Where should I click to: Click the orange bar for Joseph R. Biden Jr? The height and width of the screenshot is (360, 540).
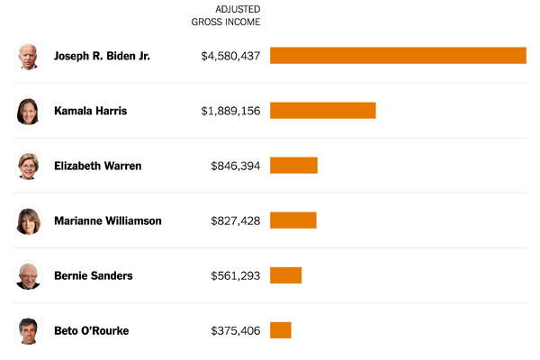pyautogui.click(x=398, y=56)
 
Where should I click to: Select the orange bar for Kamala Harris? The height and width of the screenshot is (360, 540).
pyautogui.click(x=322, y=111)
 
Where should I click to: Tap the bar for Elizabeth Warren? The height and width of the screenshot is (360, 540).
pyautogui.click(x=293, y=166)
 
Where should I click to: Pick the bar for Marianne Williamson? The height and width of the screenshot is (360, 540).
pyautogui.click(x=292, y=220)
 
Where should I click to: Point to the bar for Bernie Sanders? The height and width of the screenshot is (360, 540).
pyautogui.click(x=285, y=275)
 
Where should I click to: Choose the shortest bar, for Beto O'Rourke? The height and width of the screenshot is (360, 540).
pyautogui.click(x=280, y=330)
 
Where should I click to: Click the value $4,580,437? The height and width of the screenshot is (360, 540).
pyautogui.click(x=230, y=56)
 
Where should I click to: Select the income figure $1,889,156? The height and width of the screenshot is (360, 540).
pyautogui.click(x=230, y=111)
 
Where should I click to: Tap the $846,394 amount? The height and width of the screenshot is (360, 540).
pyautogui.click(x=235, y=166)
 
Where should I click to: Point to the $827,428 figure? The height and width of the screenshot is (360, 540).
pyautogui.click(x=235, y=220)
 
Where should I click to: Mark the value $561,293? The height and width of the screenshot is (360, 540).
pyautogui.click(x=235, y=275)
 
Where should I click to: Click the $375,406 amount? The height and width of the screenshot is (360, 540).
pyautogui.click(x=235, y=330)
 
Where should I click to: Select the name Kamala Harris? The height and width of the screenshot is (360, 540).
pyautogui.click(x=90, y=111)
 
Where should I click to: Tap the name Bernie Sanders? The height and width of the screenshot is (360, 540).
pyautogui.click(x=93, y=275)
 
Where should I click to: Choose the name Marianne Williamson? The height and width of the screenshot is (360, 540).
pyautogui.click(x=107, y=220)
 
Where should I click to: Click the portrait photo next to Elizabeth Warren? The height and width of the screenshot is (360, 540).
pyautogui.click(x=29, y=166)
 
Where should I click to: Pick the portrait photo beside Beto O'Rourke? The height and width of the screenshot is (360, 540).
pyautogui.click(x=29, y=330)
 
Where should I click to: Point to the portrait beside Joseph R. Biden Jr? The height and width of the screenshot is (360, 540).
pyautogui.click(x=29, y=56)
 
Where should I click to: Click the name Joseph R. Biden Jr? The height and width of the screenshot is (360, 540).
pyautogui.click(x=102, y=56)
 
